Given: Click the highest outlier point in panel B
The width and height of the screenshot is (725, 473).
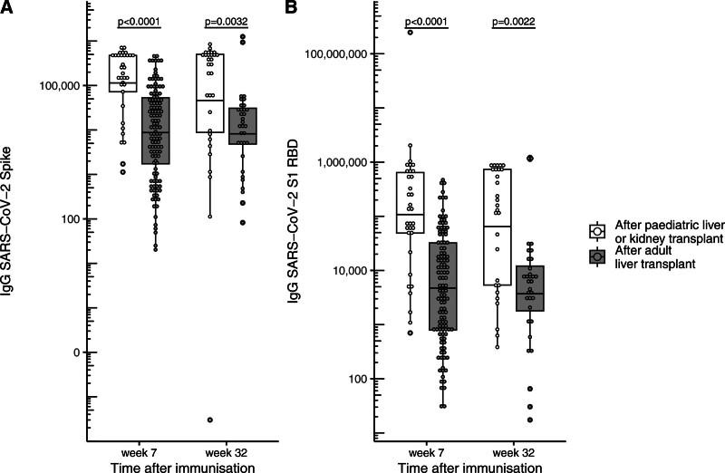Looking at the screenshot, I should (411, 33).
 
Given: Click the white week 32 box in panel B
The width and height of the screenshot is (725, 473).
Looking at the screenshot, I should (498, 227).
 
